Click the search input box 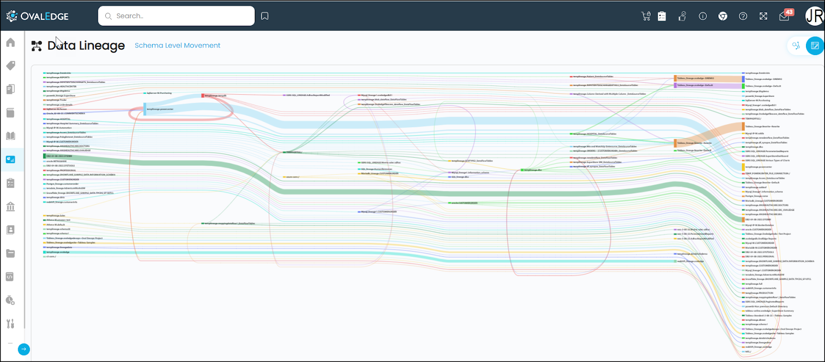pyautogui.click(x=176, y=16)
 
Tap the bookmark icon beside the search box pyautogui.click(x=265, y=16)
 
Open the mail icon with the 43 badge pyautogui.click(x=784, y=16)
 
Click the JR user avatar pyautogui.click(x=815, y=16)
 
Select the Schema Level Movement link pyautogui.click(x=177, y=45)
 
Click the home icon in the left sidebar pyautogui.click(x=10, y=42)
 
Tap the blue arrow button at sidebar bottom pyautogui.click(x=24, y=349)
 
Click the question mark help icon pyautogui.click(x=743, y=16)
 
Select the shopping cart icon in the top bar pyautogui.click(x=646, y=16)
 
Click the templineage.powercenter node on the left pyautogui.click(x=159, y=109)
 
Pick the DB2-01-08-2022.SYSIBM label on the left pyautogui.click(x=59, y=156)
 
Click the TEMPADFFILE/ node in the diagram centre pyautogui.click(x=293, y=152)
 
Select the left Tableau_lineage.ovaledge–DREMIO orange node pyautogui.click(x=695, y=78)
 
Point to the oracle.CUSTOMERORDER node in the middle pyautogui.click(x=464, y=203)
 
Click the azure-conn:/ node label pyautogui.click(x=292, y=177)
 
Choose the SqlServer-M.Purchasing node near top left pyautogui.click(x=159, y=93)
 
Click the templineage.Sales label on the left pyautogui.click(x=56, y=216)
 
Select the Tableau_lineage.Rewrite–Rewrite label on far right pyautogui.click(x=762, y=126)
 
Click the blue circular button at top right pyautogui.click(x=815, y=46)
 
